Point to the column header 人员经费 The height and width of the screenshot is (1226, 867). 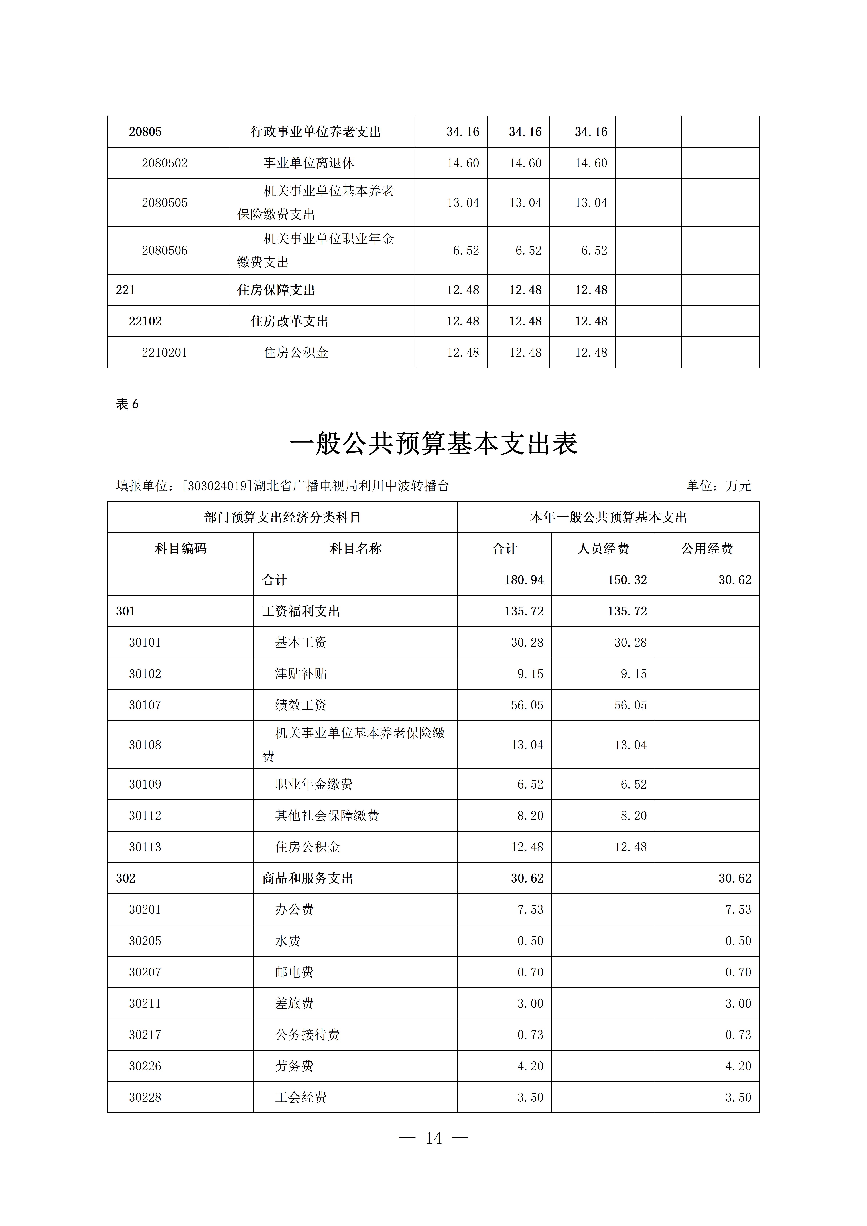click(603, 549)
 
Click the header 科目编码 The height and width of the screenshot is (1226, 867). click(181, 549)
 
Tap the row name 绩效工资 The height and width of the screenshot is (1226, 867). click(301, 705)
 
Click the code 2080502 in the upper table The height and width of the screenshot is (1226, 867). click(165, 163)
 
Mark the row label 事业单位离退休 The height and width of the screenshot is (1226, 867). click(309, 163)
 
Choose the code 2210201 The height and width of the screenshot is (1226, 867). click(165, 353)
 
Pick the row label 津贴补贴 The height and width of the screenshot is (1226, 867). click(301, 674)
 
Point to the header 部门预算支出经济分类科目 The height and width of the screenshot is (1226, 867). click(283, 517)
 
